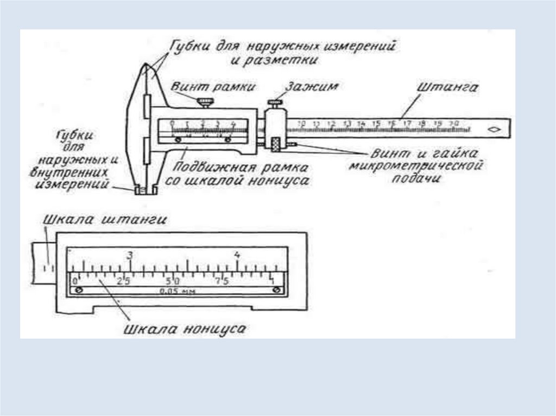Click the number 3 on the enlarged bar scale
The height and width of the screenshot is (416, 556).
[x=130, y=255]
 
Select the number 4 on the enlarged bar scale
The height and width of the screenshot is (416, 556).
[x=237, y=255]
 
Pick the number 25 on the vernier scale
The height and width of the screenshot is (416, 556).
[x=124, y=281]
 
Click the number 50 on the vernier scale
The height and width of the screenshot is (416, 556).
[x=174, y=281]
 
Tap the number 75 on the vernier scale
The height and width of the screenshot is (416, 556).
[x=222, y=281]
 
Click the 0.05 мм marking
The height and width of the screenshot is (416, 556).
[x=177, y=291]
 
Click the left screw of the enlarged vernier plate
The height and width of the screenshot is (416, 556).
[x=79, y=291]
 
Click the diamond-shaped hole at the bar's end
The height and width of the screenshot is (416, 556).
[x=494, y=130]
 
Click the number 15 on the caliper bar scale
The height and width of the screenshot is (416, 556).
[x=376, y=123]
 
